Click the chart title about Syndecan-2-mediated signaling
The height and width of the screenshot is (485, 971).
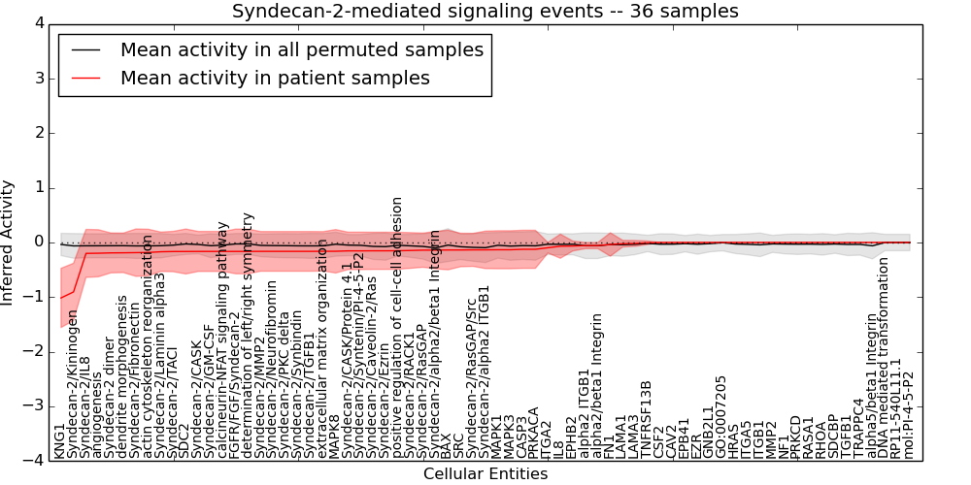(485, 12)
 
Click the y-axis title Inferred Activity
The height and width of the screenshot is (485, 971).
(9, 242)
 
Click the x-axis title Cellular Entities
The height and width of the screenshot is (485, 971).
(485, 474)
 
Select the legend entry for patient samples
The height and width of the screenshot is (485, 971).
(275, 78)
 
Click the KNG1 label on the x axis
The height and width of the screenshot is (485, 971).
(60, 440)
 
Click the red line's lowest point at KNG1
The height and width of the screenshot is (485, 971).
(60, 298)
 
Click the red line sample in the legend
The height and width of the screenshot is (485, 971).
(84, 78)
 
